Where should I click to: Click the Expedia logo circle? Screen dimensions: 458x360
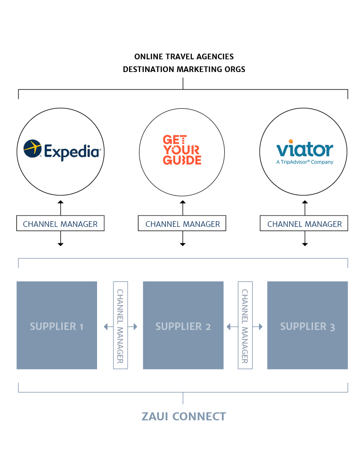click(x=60, y=152)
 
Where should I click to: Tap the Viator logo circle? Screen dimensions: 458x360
click(x=304, y=152)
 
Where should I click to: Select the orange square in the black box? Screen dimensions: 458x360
click(x=182, y=150)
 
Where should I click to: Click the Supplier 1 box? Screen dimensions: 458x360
click(x=57, y=325)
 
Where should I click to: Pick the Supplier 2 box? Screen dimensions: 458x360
click(x=183, y=325)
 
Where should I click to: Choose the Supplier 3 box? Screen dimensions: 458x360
click(x=307, y=325)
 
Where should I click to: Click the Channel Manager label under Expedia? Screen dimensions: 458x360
click(x=60, y=224)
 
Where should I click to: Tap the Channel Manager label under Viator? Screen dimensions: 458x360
click(x=304, y=224)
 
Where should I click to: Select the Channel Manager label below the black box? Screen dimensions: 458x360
click(x=182, y=224)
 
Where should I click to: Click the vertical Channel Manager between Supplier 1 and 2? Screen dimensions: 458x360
click(x=121, y=325)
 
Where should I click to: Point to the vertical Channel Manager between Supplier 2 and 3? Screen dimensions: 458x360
click(x=245, y=325)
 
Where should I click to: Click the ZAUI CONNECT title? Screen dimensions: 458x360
click(x=183, y=417)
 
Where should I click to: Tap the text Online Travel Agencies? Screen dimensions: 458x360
click(x=184, y=56)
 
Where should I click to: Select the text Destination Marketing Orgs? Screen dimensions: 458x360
click(x=184, y=69)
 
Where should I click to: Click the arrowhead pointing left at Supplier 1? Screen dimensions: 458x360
click(x=105, y=326)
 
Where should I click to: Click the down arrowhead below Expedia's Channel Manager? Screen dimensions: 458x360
click(x=60, y=244)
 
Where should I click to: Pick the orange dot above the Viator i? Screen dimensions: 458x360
click(x=290, y=140)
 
